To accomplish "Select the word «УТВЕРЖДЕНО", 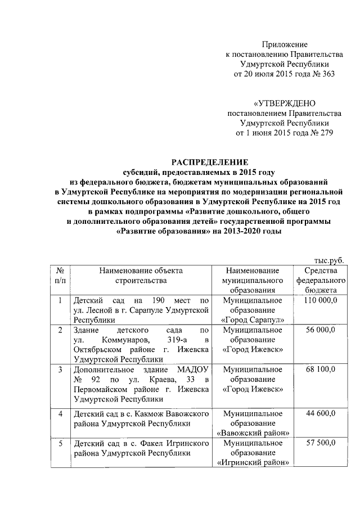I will tap(284, 103).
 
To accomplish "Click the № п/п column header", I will tap(59, 275).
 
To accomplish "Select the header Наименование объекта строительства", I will tap(141, 275).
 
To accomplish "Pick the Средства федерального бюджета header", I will tap(321, 280).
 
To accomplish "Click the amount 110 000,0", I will tap(321, 301).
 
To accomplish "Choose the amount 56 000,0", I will tap(321, 331).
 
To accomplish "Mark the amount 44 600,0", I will tap(321, 414).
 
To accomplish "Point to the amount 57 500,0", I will tap(321, 443).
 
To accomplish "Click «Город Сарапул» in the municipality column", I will tap(253, 320).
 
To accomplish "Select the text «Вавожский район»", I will tap(253, 434).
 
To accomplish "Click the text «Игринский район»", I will tap(253, 463).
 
